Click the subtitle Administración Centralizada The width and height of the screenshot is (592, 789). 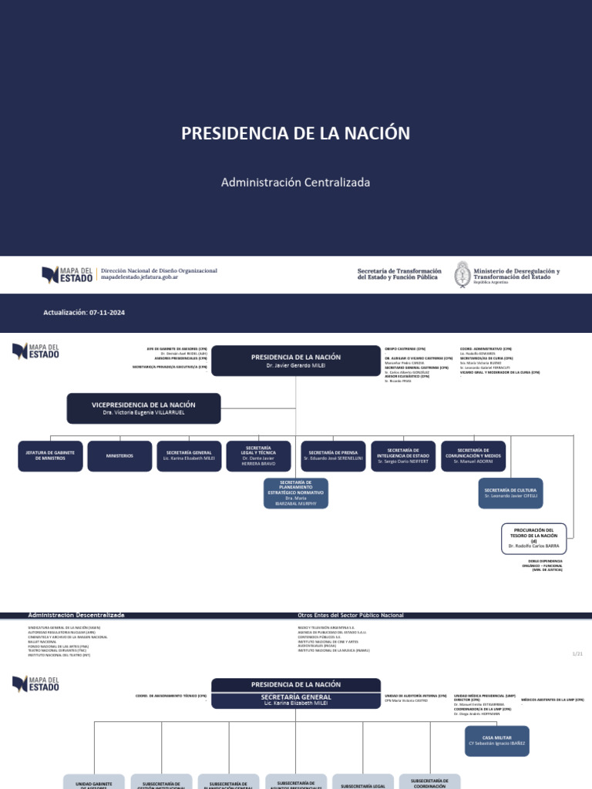tap(295, 183)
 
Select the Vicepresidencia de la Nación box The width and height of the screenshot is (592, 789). tap(143, 408)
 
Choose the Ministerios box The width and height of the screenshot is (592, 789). tap(119, 456)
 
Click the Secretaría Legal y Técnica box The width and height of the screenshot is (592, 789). tap(258, 456)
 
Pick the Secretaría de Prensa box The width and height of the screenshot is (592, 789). tap(333, 456)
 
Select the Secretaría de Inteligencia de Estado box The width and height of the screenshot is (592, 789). tap(403, 456)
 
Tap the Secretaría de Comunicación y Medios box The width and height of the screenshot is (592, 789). tap(473, 456)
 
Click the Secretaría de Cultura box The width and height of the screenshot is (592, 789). tap(510, 493)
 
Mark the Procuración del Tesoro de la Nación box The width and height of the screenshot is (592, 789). tap(533, 539)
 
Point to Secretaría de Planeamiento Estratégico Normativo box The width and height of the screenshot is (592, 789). tap(295, 493)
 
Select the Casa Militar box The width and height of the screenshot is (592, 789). tap(497, 741)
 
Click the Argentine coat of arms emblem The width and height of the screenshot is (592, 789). tap(462, 274)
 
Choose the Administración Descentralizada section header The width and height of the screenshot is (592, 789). tap(76, 615)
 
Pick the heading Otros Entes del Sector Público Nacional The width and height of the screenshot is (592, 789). tap(350, 615)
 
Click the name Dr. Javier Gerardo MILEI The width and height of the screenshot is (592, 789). tap(295, 366)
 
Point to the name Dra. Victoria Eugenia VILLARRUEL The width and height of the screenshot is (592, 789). tap(143, 413)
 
